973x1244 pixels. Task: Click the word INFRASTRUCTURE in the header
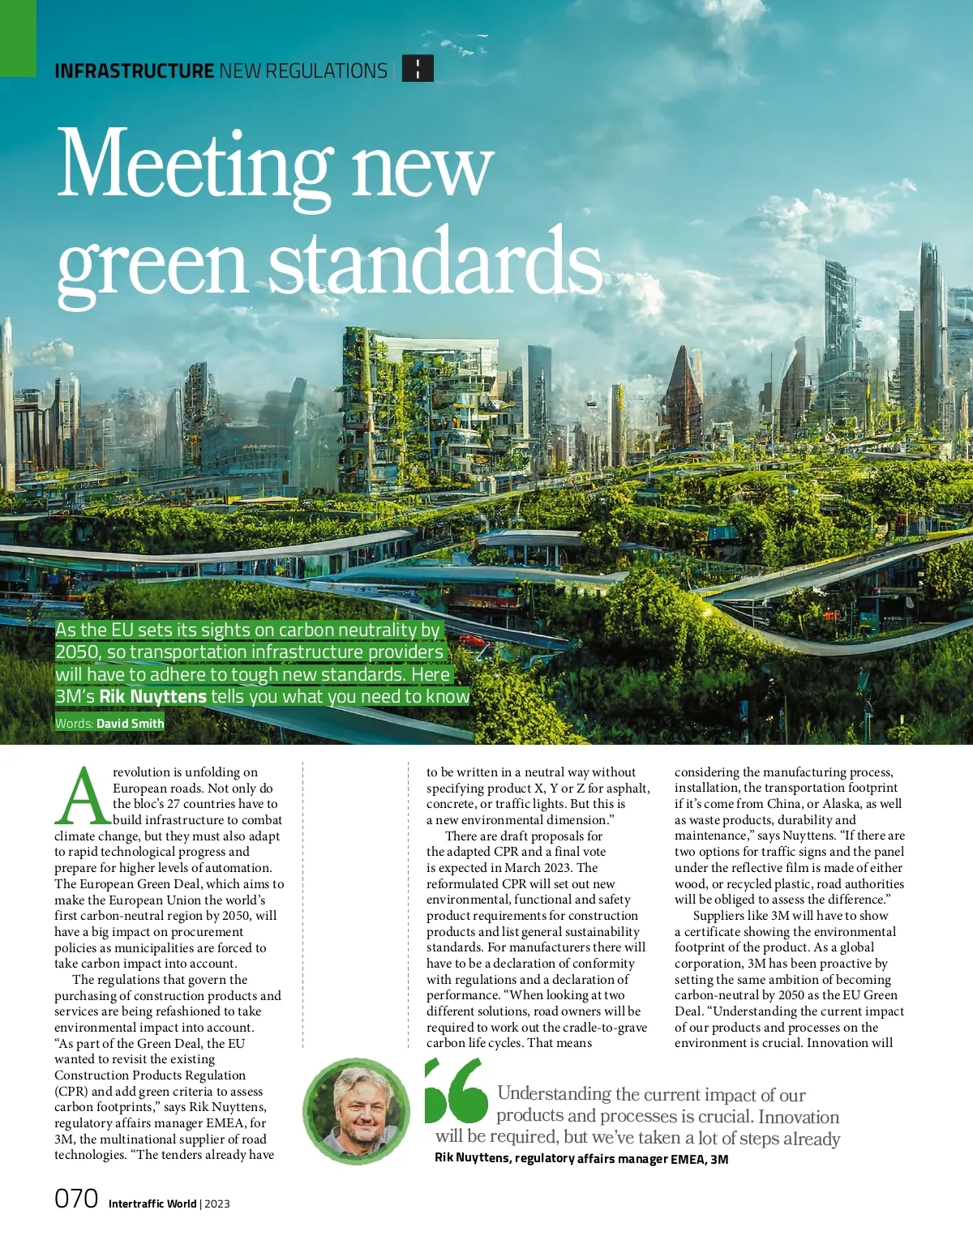point(134,71)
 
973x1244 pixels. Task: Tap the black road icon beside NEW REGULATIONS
point(418,69)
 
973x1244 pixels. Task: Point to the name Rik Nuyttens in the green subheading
point(152,697)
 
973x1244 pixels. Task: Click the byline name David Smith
point(130,723)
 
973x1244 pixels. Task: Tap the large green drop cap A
point(81,796)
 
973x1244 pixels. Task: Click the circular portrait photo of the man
point(356,1110)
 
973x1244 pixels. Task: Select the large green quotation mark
point(456,1091)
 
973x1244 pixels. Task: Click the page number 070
point(76,1199)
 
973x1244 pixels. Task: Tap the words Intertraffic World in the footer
point(152,1203)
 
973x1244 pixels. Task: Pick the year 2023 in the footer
point(217,1203)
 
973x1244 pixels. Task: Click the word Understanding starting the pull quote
point(554,1094)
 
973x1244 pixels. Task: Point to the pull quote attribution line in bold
point(581,1159)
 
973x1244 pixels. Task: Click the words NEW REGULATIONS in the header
point(303,71)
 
